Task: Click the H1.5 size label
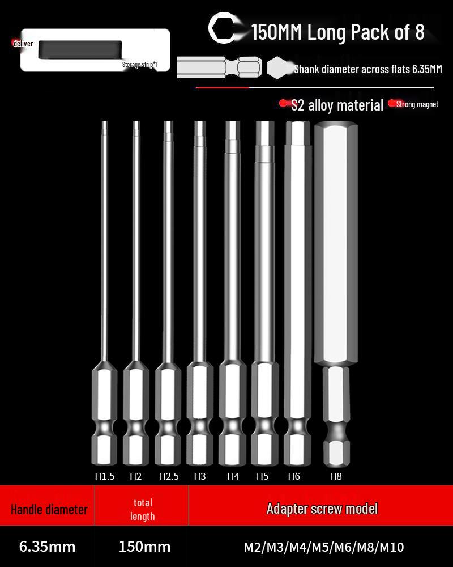click(x=105, y=476)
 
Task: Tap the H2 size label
click(x=135, y=476)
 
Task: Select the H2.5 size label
click(x=169, y=476)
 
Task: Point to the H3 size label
click(x=200, y=476)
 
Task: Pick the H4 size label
click(x=233, y=476)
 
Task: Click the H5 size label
click(x=262, y=476)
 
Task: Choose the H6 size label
click(x=294, y=476)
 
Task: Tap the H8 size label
click(x=336, y=476)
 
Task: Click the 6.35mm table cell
click(x=48, y=547)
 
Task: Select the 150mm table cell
click(x=144, y=547)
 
